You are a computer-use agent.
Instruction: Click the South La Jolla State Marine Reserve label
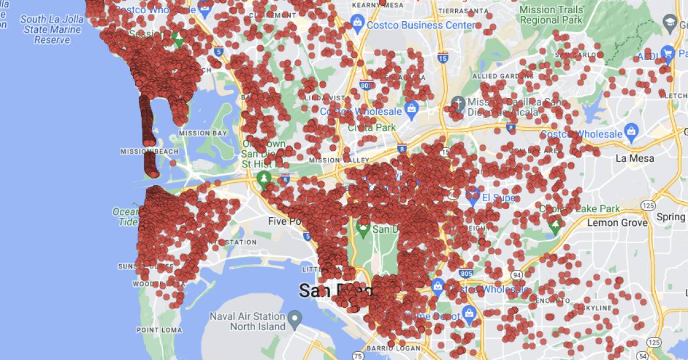click(x=52, y=29)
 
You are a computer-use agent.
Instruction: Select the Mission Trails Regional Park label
click(x=552, y=14)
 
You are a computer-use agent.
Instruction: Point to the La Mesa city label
click(x=635, y=158)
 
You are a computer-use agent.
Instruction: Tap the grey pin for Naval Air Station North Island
click(x=295, y=317)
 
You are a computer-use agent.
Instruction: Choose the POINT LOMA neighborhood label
click(x=159, y=330)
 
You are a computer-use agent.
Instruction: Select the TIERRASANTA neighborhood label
click(x=463, y=11)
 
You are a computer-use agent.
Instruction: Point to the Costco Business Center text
click(x=421, y=25)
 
